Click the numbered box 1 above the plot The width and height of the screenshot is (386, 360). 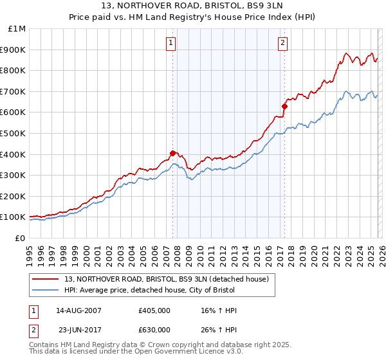tap(172, 43)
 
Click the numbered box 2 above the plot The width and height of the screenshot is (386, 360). tap(283, 43)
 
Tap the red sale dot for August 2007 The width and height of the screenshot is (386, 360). tap(172, 153)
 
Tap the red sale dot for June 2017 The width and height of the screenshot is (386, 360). tap(284, 106)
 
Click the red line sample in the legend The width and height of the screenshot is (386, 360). tap(46, 278)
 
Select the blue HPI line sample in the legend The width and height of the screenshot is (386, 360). tap(46, 290)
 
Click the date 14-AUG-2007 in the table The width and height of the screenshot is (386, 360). tap(79, 310)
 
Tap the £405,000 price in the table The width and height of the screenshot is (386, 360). tap(154, 310)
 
